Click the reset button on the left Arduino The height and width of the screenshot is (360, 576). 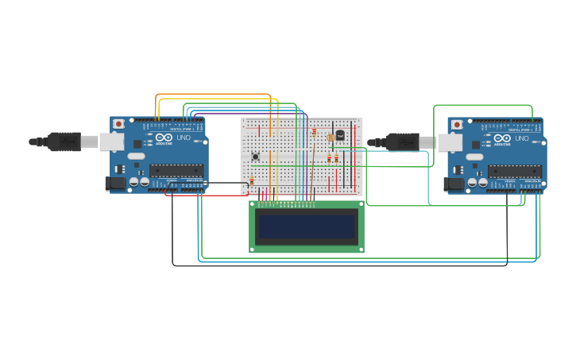tap(118, 124)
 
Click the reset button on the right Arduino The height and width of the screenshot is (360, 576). tap(457, 125)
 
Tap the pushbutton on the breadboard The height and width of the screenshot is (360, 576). tap(255, 157)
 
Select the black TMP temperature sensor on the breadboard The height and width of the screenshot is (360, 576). tap(340, 135)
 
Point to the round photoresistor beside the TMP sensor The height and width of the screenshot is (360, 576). tap(331, 137)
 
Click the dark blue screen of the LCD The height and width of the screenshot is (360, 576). tap(307, 226)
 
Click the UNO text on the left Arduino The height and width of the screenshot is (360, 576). tap(183, 138)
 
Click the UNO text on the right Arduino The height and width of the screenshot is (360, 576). tap(520, 138)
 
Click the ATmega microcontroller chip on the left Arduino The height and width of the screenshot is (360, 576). tap(176, 170)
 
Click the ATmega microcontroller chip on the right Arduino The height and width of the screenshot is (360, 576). tap(514, 171)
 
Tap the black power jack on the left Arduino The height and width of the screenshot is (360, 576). tap(115, 184)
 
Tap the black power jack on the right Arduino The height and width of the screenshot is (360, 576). tap(454, 184)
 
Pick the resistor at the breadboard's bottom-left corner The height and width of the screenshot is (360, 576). tap(252, 181)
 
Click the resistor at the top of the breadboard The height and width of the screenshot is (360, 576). tap(314, 131)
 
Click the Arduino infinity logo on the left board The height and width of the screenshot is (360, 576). tap(164, 137)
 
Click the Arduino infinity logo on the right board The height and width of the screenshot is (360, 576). tap(502, 138)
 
